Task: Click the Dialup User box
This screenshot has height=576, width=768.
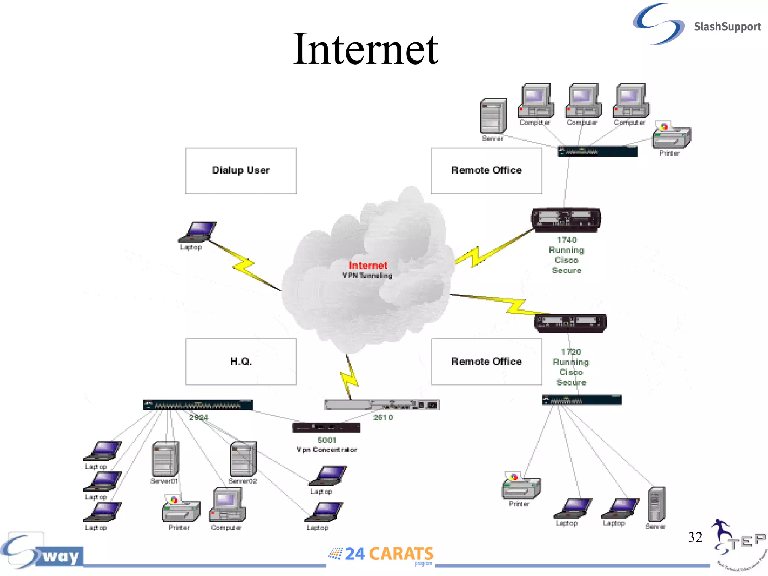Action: pyautogui.click(x=241, y=171)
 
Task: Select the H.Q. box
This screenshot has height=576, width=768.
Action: pyautogui.click(x=241, y=361)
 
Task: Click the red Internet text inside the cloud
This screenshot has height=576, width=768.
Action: pyautogui.click(x=367, y=265)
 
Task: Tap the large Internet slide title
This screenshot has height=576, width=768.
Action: pyautogui.click(x=365, y=49)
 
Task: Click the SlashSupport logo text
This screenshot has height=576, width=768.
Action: pyautogui.click(x=727, y=27)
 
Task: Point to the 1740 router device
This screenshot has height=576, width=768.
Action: pyautogui.click(x=566, y=219)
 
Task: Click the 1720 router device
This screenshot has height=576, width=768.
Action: pyautogui.click(x=570, y=323)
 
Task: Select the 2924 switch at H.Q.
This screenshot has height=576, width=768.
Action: pyautogui.click(x=198, y=405)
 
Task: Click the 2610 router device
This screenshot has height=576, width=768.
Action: pyautogui.click(x=382, y=405)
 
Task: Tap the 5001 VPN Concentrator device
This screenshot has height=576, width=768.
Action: pyautogui.click(x=326, y=427)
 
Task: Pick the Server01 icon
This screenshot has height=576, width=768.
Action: pyautogui.click(x=165, y=459)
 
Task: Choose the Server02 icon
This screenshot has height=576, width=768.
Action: pyautogui.click(x=243, y=459)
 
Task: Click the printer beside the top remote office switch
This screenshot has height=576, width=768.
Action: pyautogui.click(x=671, y=136)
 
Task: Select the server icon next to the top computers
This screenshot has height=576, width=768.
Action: pyautogui.click(x=493, y=116)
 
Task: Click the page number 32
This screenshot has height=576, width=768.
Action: pyautogui.click(x=694, y=537)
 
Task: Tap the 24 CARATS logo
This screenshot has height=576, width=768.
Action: pyautogui.click(x=381, y=554)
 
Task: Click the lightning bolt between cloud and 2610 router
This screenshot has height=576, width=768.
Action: pyautogui.click(x=349, y=376)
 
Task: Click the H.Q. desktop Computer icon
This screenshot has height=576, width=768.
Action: pyautogui.click(x=227, y=505)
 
